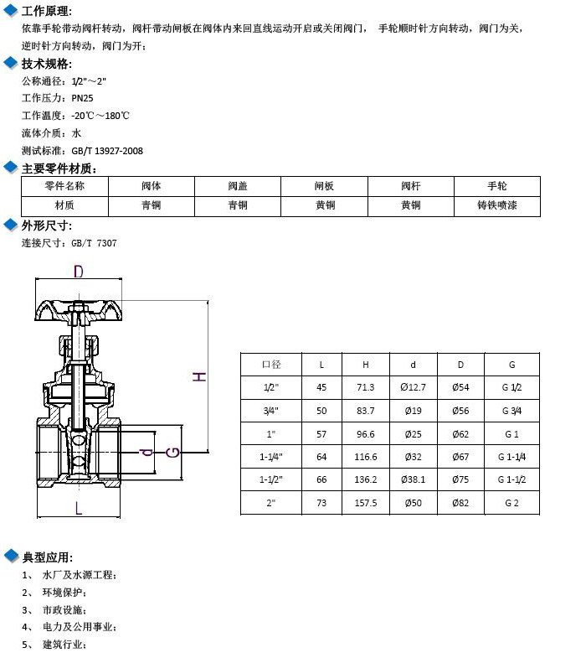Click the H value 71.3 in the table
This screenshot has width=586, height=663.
pos(366,387)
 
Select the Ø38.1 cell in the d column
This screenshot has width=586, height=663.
pos(414,480)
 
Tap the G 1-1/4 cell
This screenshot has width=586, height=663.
pos(511,457)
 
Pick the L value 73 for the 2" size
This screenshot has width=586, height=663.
pos(321,504)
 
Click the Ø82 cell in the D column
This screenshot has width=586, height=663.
pos(460,504)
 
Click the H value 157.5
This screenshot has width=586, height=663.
pos(366,504)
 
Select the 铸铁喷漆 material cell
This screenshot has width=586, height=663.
pos(496,205)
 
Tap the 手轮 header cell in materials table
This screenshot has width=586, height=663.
pos(496,186)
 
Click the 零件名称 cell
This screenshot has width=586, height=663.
pos(64,186)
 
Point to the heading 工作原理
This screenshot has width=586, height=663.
pos(47,12)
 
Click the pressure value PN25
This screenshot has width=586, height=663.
pos(83,98)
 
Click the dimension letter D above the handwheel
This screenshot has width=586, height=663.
pos(79,272)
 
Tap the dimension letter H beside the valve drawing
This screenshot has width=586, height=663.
pos(199,376)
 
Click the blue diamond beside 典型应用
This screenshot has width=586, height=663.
pos(11,557)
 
